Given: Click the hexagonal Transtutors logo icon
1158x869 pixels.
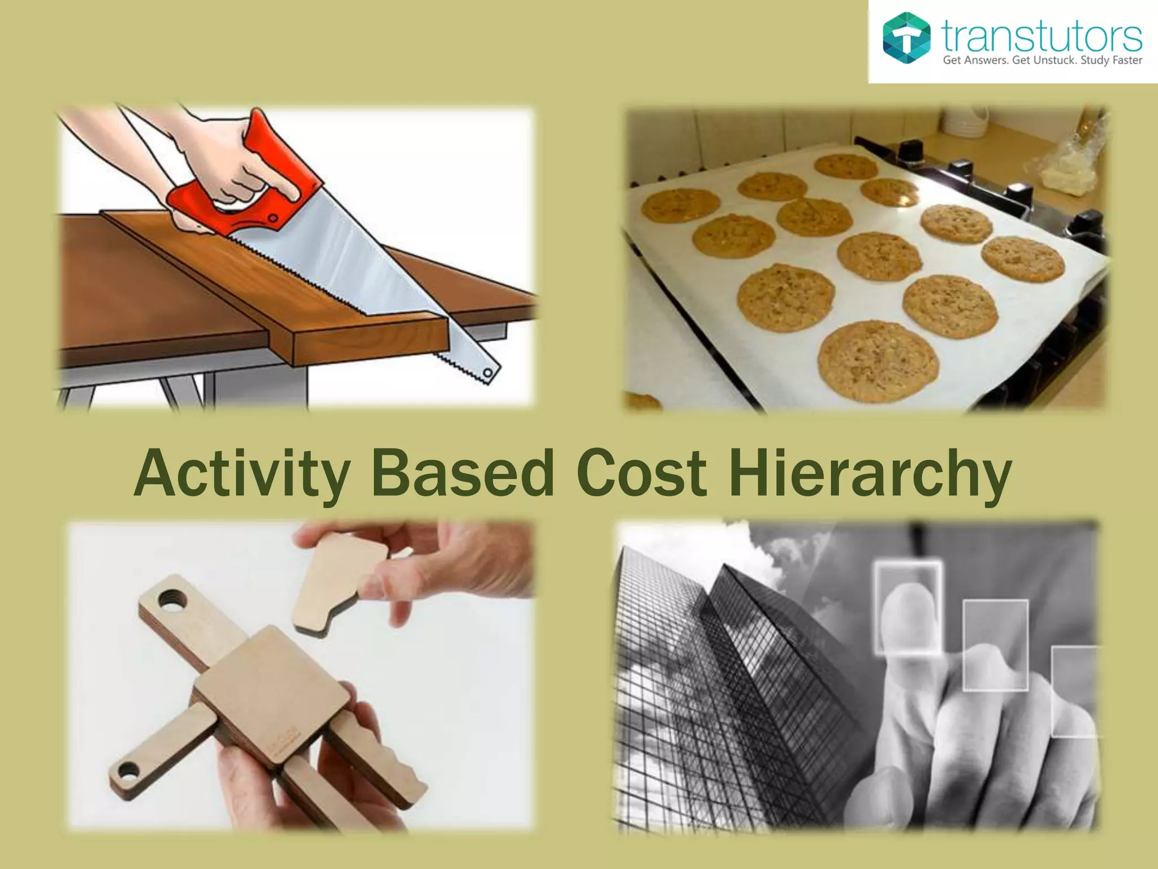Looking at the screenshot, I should tap(906, 38).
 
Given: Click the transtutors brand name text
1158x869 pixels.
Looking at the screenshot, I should tap(1042, 35).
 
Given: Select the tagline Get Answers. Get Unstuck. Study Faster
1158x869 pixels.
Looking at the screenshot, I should tap(1042, 61).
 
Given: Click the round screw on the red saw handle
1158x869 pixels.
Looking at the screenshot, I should tap(273, 218).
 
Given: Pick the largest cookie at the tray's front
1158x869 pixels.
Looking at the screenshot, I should tap(878, 359).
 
